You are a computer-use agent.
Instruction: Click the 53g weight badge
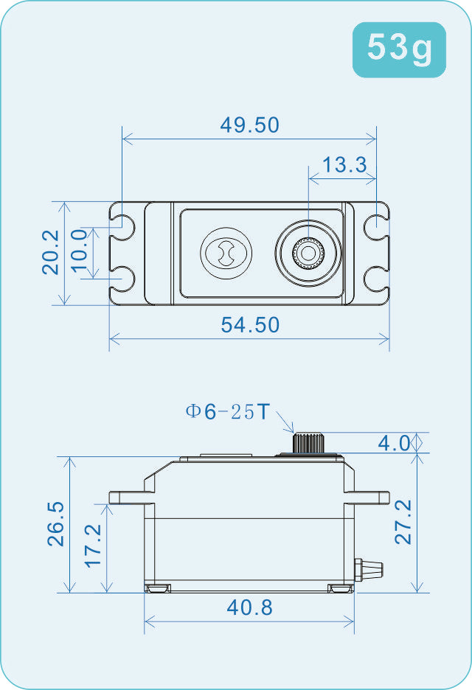coord(399,49)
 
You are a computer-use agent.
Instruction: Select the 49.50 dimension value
coord(249,125)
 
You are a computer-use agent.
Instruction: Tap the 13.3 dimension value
coord(344,164)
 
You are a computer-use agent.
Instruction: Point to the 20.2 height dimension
coord(50,252)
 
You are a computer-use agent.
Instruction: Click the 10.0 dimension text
coord(80,252)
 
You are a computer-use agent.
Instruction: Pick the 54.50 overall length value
coord(250,324)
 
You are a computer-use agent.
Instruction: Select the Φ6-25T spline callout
coord(228,411)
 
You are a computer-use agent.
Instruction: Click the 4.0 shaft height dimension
coord(393,443)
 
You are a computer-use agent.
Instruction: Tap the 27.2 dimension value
coord(403,522)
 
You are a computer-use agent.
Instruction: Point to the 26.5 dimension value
coord(56,523)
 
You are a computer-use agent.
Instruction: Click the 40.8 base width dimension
coord(249,608)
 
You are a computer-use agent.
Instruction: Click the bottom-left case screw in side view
coord(157,588)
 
